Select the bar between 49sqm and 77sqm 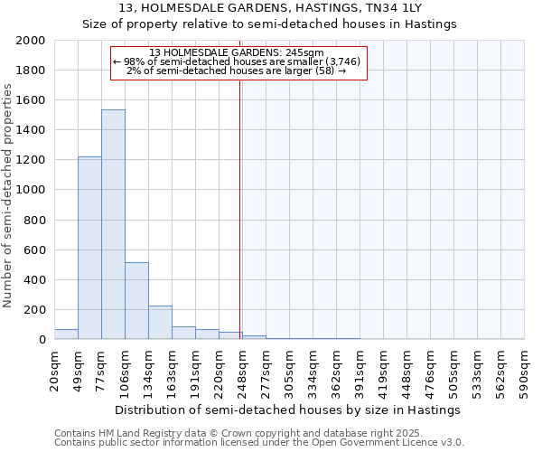pyautogui.click(x=89, y=248)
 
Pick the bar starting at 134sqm pyautogui.click(x=160, y=322)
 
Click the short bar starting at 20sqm pyautogui.click(x=66, y=334)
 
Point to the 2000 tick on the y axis pyautogui.click(x=31, y=41)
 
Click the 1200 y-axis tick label pyautogui.click(x=31, y=160)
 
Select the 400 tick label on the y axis pyautogui.click(x=34, y=280)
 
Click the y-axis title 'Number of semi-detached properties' pyautogui.click(x=8, y=195)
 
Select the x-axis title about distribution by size pyautogui.click(x=289, y=410)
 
